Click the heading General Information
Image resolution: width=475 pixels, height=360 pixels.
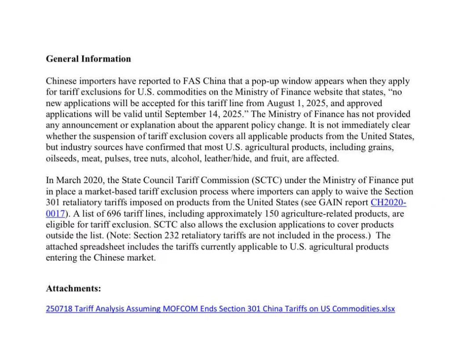coord(88,59)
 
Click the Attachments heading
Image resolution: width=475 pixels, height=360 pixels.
coord(73,289)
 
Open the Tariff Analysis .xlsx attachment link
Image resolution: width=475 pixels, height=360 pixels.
coord(220,309)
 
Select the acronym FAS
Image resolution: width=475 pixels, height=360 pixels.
coord(191,81)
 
